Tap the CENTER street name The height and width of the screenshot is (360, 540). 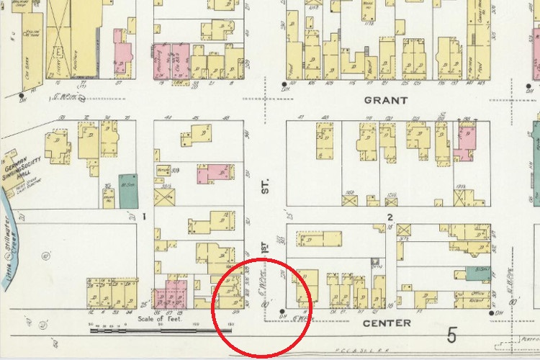(386, 323)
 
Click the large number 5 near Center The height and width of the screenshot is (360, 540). (451, 335)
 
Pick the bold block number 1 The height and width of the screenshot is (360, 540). (145, 216)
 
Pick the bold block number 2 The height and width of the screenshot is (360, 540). (390, 217)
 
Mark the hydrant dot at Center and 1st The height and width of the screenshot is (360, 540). (281, 314)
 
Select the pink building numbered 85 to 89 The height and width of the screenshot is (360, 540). (172, 294)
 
